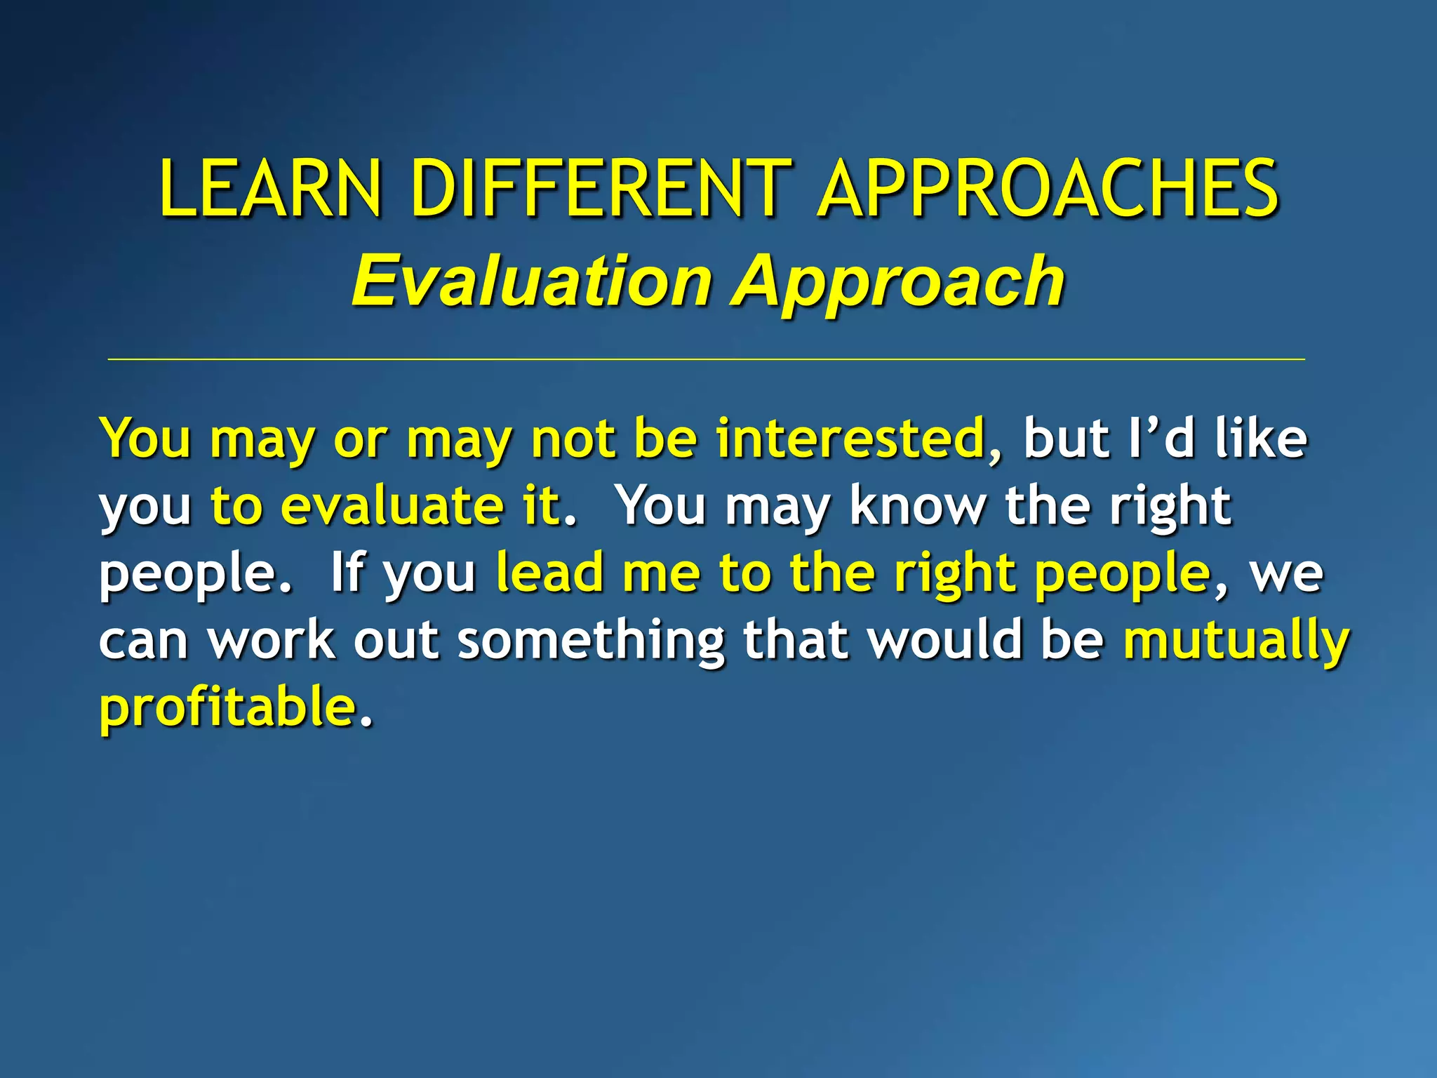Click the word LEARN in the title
pos(271,188)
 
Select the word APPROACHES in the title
pos(1048,188)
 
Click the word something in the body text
pos(591,640)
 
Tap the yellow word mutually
pos(1236,640)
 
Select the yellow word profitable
pos(228,707)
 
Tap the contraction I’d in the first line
pos(1161,439)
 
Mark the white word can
pos(143,640)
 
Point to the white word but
pos(1066,439)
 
